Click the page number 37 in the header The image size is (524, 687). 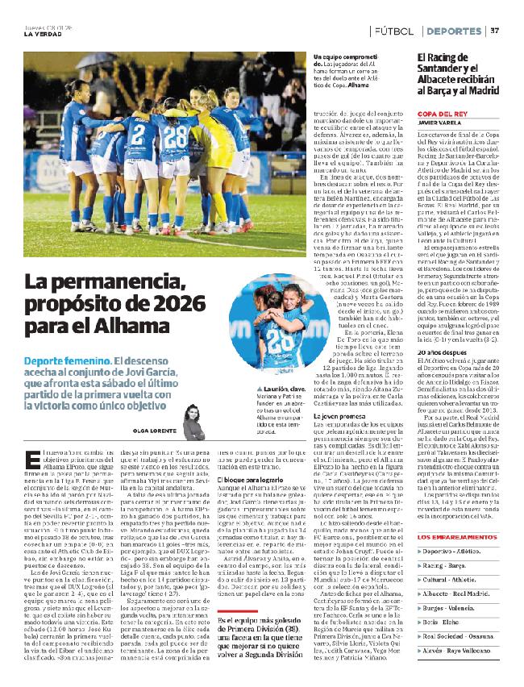pyautogui.click(x=495, y=31)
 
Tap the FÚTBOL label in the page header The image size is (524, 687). pyautogui.click(x=395, y=31)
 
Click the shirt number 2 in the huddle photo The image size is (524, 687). pyautogui.click(x=139, y=133)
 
